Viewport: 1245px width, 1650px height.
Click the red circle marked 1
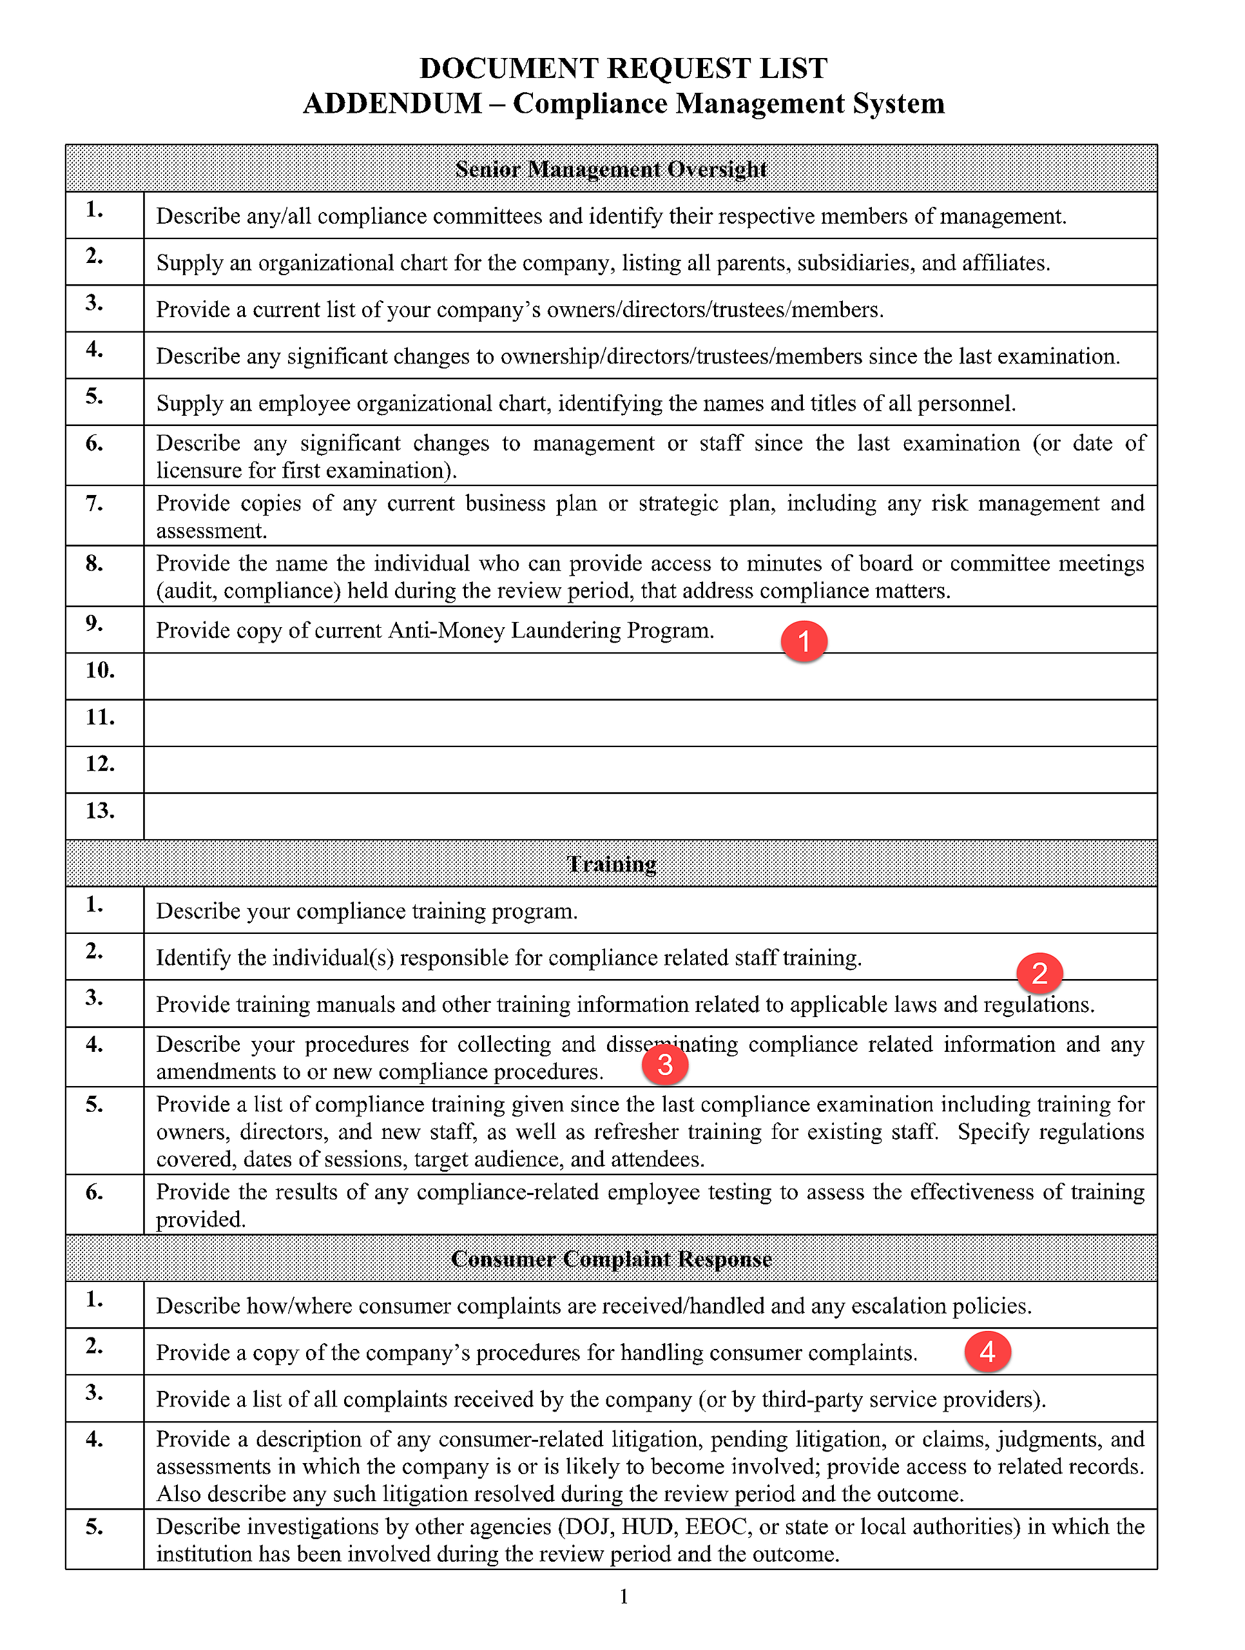[x=804, y=641]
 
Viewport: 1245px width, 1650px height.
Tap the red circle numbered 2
[x=1039, y=973]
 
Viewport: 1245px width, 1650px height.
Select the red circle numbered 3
[x=664, y=1063]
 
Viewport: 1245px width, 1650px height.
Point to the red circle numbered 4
[x=987, y=1351]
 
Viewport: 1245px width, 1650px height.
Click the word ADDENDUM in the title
[x=392, y=103]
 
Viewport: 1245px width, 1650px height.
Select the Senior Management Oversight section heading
[x=611, y=170]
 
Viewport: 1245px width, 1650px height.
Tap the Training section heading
[x=611, y=864]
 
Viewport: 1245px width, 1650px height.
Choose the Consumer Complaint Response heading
[x=611, y=1259]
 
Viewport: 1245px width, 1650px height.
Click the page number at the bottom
[x=624, y=1597]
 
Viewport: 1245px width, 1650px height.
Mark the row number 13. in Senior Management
[x=100, y=811]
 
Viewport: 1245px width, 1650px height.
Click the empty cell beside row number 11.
[x=649, y=723]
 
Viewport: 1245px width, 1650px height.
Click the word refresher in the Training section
[x=639, y=1132]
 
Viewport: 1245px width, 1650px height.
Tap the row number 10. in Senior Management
[x=100, y=670]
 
